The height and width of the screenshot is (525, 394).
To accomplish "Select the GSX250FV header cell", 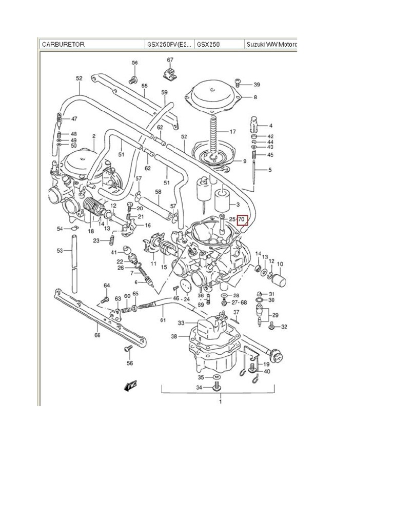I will pyautogui.click(x=169, y=44).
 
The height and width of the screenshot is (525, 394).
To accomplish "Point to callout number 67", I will pyautogui.click(x=170, y=60).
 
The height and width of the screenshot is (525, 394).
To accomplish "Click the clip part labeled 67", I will pyautogui.click(x=169, y=73).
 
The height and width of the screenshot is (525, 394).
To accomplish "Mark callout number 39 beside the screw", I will pyautogui.click(x=257, y=85).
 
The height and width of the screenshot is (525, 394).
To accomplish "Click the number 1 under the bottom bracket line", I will pyautogui.click(x=221, y=402).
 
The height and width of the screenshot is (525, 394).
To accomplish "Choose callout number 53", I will pyautogui.click(x=60, y=251).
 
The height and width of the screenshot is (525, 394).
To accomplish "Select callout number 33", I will pyautogui.click(x=181, y=323).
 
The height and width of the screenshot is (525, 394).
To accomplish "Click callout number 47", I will pyautogui.click(x=74, y=119).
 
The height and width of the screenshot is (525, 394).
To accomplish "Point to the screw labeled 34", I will pyautogui.click(x=216, y=386).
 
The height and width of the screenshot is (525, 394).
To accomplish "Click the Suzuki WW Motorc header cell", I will pyautogui.click(x=271, y=44).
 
